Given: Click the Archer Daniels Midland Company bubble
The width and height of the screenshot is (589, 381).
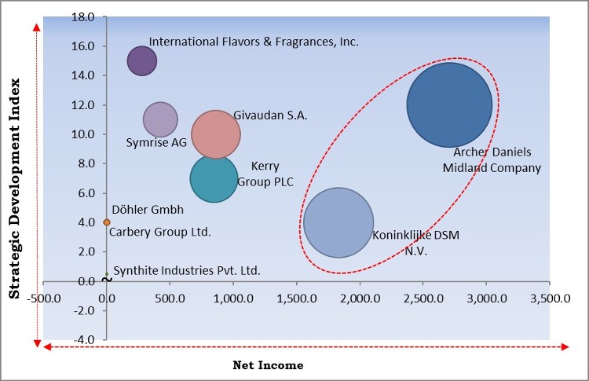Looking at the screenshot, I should (x=449, y=104).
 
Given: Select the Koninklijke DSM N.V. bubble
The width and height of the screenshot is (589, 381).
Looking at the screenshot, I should (x=338, y=222).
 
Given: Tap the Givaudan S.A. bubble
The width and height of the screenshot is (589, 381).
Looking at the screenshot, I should (x=216, y=134).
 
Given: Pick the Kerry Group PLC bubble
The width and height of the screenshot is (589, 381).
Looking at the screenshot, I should (x=214, y=178).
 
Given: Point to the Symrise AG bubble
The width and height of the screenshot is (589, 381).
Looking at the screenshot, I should (x=160, y=119).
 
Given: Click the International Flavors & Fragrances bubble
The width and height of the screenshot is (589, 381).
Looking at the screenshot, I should (x=142, y=60).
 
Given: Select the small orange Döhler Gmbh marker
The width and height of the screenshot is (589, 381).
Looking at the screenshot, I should (x=107, y=222).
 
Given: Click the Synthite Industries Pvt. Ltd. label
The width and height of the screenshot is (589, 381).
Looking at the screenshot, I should (x=187, y=271).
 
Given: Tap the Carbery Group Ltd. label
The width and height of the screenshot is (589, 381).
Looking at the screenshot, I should (x=159, y=232).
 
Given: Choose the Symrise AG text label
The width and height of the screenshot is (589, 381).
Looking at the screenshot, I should (x=156, y=143).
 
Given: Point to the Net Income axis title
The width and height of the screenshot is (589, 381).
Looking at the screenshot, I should (x=268, y=365).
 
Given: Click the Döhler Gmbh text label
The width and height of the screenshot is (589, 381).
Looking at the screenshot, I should (x=148, y=210).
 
